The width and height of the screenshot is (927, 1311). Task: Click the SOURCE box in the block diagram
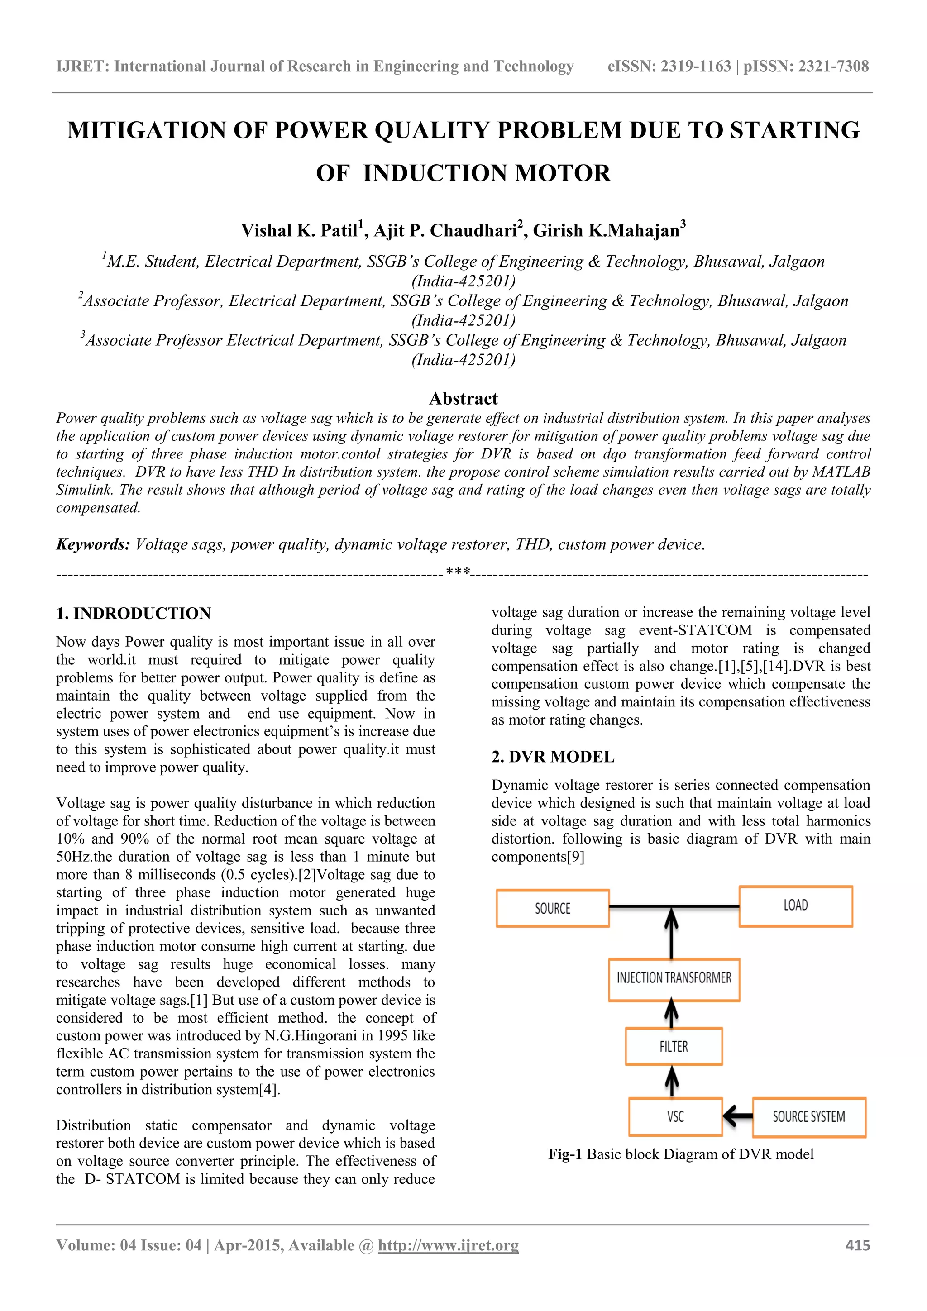pos(552,908)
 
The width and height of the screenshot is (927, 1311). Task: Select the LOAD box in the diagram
pos(796,906)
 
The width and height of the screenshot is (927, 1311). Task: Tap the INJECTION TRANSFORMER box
pos(674,977)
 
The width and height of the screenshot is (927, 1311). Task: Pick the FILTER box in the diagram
pos(674,1046)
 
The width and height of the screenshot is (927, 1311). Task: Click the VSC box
pos(675,1116)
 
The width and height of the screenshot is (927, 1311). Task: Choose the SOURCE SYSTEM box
pos(809,1116)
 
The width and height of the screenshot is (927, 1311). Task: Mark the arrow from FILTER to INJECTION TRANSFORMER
pos(672,1014)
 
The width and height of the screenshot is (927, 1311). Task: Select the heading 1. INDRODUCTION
pos(133,613)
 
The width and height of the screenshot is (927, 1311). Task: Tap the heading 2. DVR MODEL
pos(553,757)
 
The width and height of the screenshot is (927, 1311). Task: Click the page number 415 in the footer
pos(857,1245)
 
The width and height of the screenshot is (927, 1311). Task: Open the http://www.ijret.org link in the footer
pos(449,1245)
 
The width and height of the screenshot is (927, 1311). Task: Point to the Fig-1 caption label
pos(564,1154)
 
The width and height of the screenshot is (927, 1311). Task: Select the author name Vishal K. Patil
pos(299,231)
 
